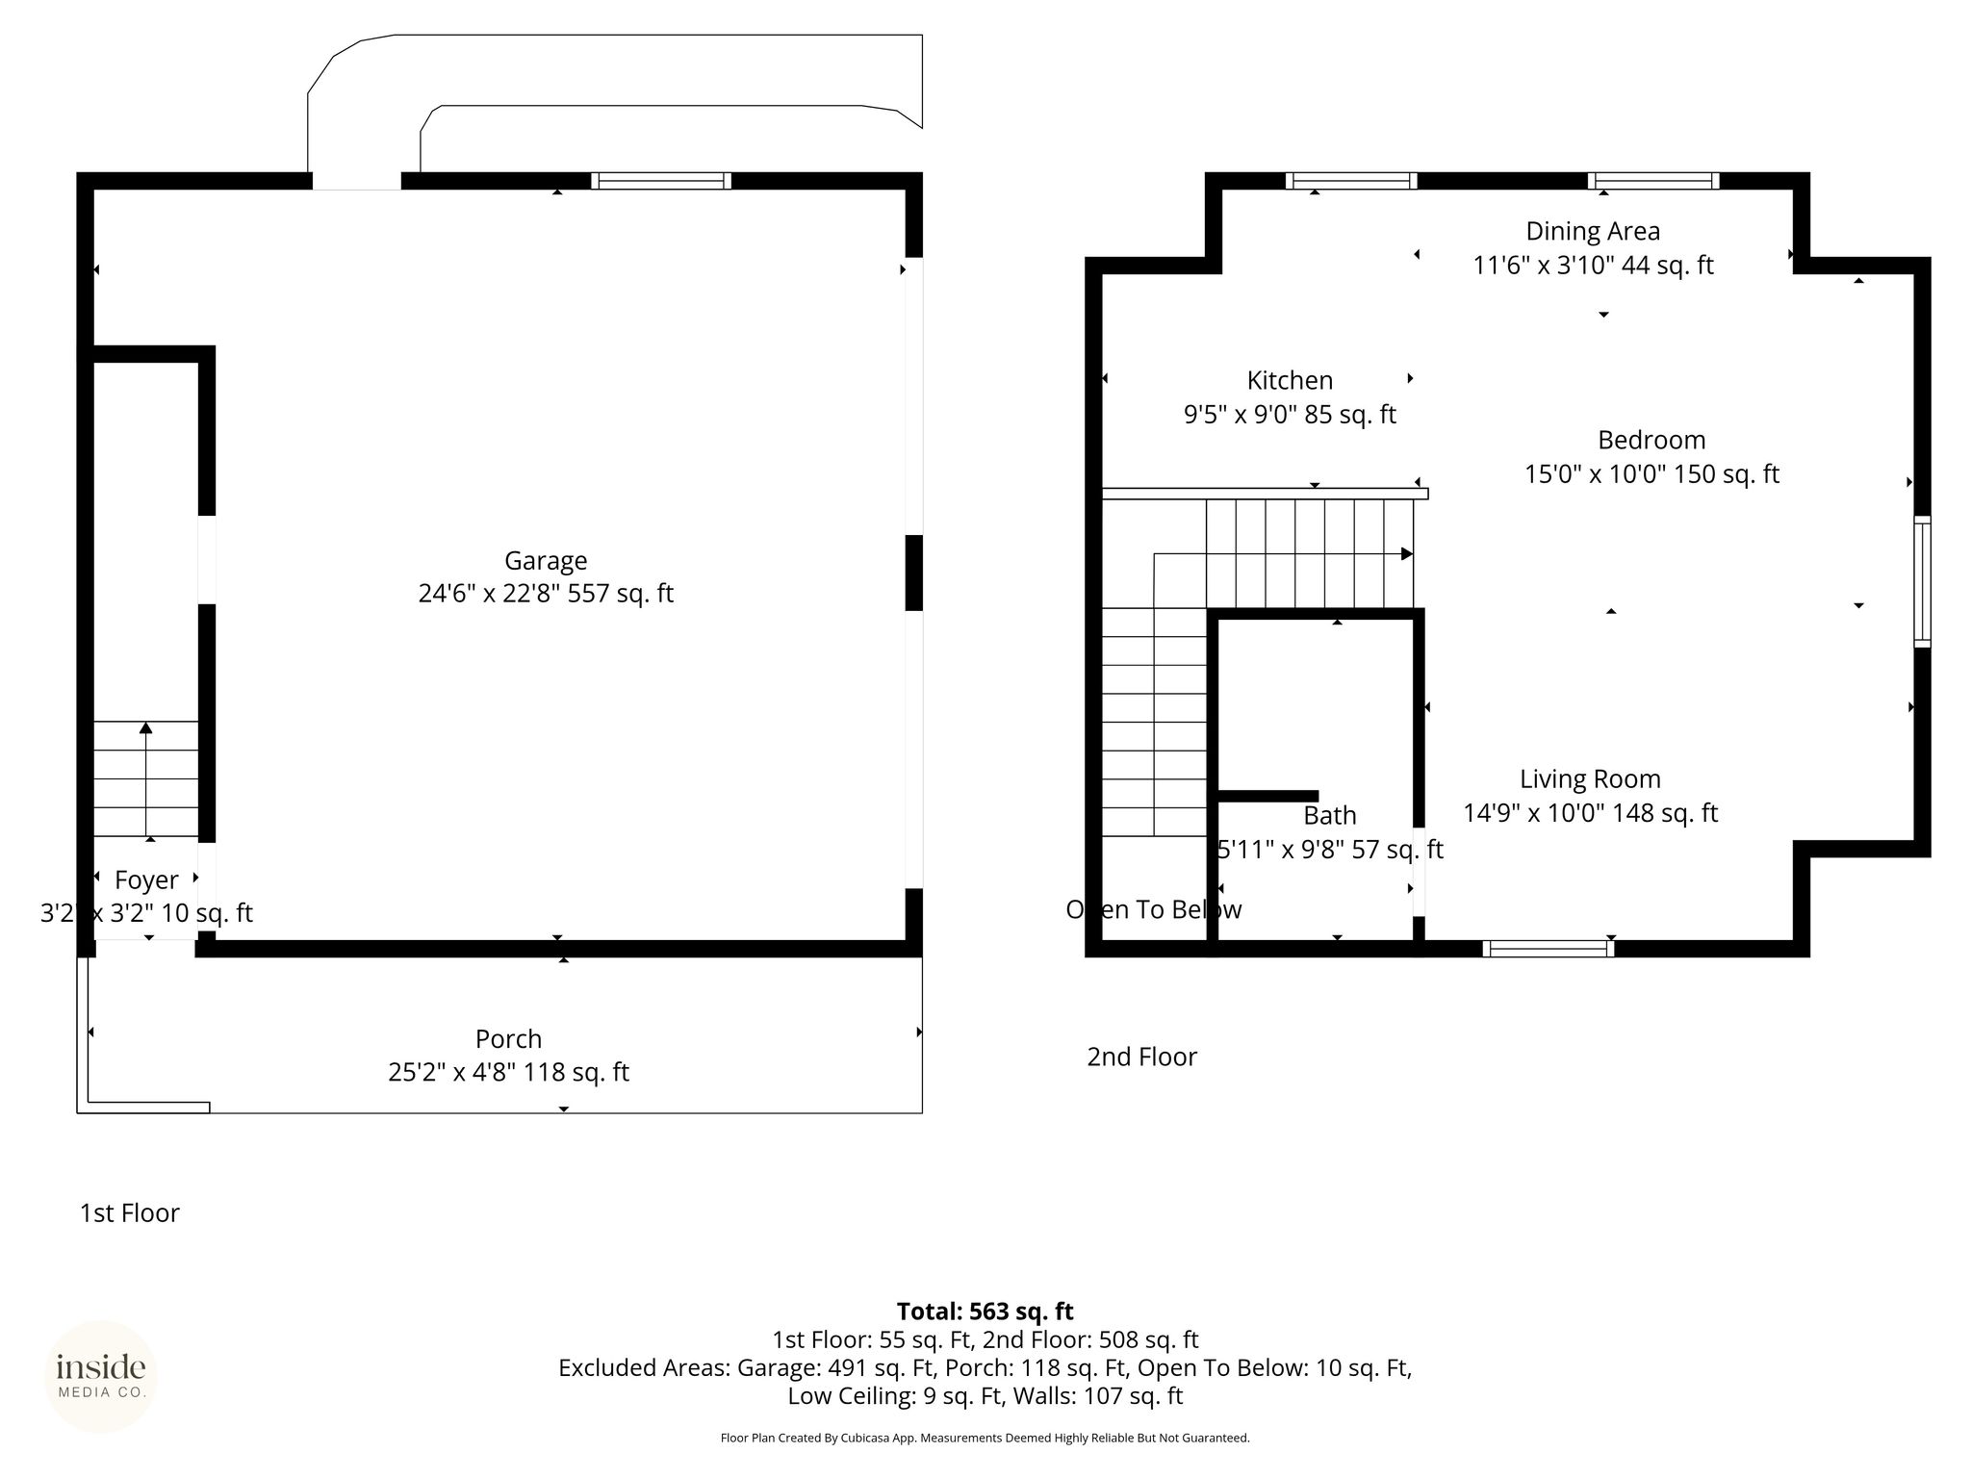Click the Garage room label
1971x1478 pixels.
pyautogui.click(x=546, y=560)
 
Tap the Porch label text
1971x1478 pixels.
pyautogui.click(x=508, y=1039)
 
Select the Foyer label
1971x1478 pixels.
pyautogui.click(x=146, y=880)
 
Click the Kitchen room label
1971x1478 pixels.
pyautogui.click(x=1290, y=381)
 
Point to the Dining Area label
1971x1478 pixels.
pyautogui.click(x=1593, y=232)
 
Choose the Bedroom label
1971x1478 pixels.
pyautogui.click(x=1651, y=441)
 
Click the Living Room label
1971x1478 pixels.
pyautogui.click(x=1590, y=779)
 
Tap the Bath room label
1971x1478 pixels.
pyautogui.click(x=1330, y=816)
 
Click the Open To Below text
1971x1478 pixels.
pyautogui.click(x=1154, y=909)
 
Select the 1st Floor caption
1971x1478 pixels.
pyautogui.click(x=130, y=1212)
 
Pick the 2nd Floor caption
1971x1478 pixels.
pyautogui.click(x=1141, y=1057)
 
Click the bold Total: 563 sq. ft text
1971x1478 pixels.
pyautogui.click(x=985, y=1312)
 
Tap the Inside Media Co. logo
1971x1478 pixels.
pyautogui.click(x=101, y=1376)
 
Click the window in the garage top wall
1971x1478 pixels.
pyautogui.click(x=661, y=181)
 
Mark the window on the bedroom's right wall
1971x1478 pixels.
pyautogui.click(x=1922, y=581)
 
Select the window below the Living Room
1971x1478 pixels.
pyautogui.click(x=1549, y=948)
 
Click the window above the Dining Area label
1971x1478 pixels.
pyautogui.click(x=1653, y=181)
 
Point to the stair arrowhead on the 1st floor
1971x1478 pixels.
pyautogui.click(x=146, y=727)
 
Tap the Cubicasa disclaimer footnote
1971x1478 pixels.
pyautogui.click(x=985, y=1439)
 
